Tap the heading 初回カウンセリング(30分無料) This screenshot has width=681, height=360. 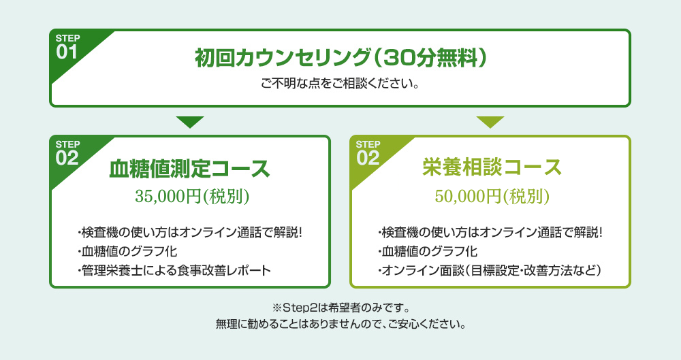340,59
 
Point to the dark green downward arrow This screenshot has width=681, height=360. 190,122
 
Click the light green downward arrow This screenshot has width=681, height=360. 490,122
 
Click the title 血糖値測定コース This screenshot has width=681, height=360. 189,169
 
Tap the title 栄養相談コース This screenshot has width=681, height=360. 492,167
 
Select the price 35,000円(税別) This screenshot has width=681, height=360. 192,196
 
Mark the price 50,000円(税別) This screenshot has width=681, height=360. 492,196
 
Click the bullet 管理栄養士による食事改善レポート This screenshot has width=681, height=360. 174,271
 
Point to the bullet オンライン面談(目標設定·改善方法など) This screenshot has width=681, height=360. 490,271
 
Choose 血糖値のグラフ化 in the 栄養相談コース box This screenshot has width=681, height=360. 428,251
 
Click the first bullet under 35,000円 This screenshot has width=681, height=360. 190,233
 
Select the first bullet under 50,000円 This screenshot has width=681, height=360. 490,233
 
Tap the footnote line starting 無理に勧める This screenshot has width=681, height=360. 341,324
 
